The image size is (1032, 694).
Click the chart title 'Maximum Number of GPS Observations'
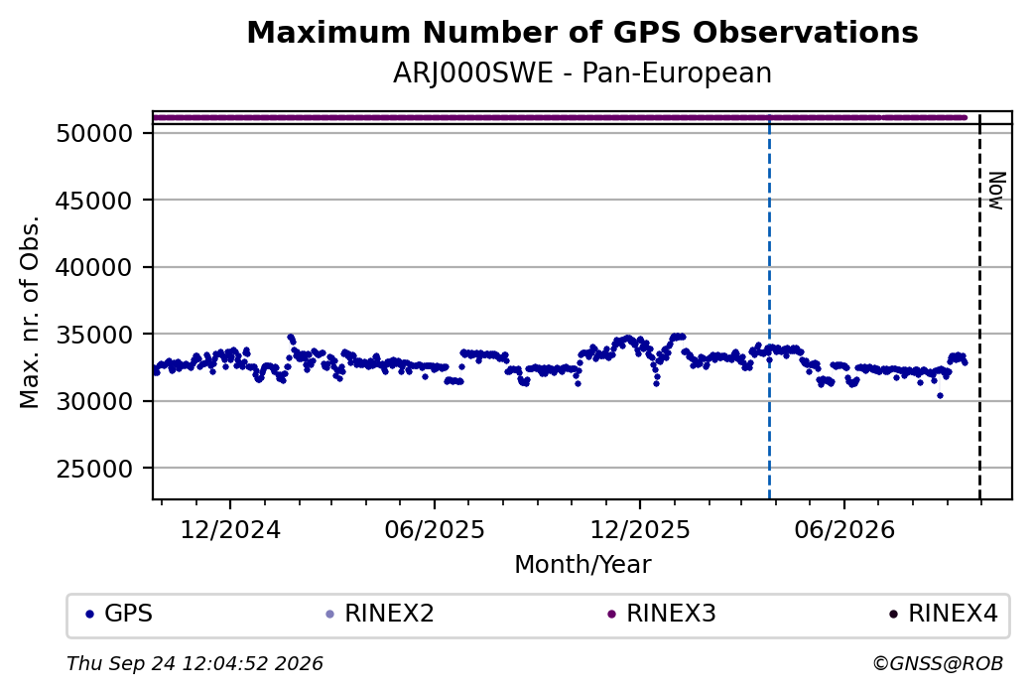coord(582,32)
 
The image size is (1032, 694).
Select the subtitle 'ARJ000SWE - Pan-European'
coord(582,73)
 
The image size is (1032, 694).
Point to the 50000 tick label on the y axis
coord(95,134)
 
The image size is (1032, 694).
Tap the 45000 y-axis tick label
coord(95,201)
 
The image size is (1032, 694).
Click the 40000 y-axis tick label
coord(95,268)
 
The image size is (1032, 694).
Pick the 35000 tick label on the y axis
coord(95,336)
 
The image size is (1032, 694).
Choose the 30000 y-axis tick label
coord(95,402)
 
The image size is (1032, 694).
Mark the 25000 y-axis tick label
coord(95,469)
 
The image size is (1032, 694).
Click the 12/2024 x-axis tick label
coord(230,530)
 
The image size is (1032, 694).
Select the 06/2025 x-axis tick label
coord(435,530)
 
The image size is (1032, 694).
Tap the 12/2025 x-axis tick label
coord(640,530)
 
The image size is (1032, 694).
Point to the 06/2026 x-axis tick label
coord(844,530)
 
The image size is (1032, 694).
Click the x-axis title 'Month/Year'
coord(582,565)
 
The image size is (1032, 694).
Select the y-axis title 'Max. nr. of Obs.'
coord(30,312)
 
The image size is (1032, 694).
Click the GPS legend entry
coord(119,614)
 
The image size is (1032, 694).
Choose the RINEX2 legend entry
coord(380,614)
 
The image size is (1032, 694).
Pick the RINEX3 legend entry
coord(662,614)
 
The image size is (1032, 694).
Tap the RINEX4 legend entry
coord(943,614)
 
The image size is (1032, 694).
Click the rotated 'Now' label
coord(997,191)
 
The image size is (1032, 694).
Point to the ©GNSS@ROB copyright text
coord(938,663)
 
